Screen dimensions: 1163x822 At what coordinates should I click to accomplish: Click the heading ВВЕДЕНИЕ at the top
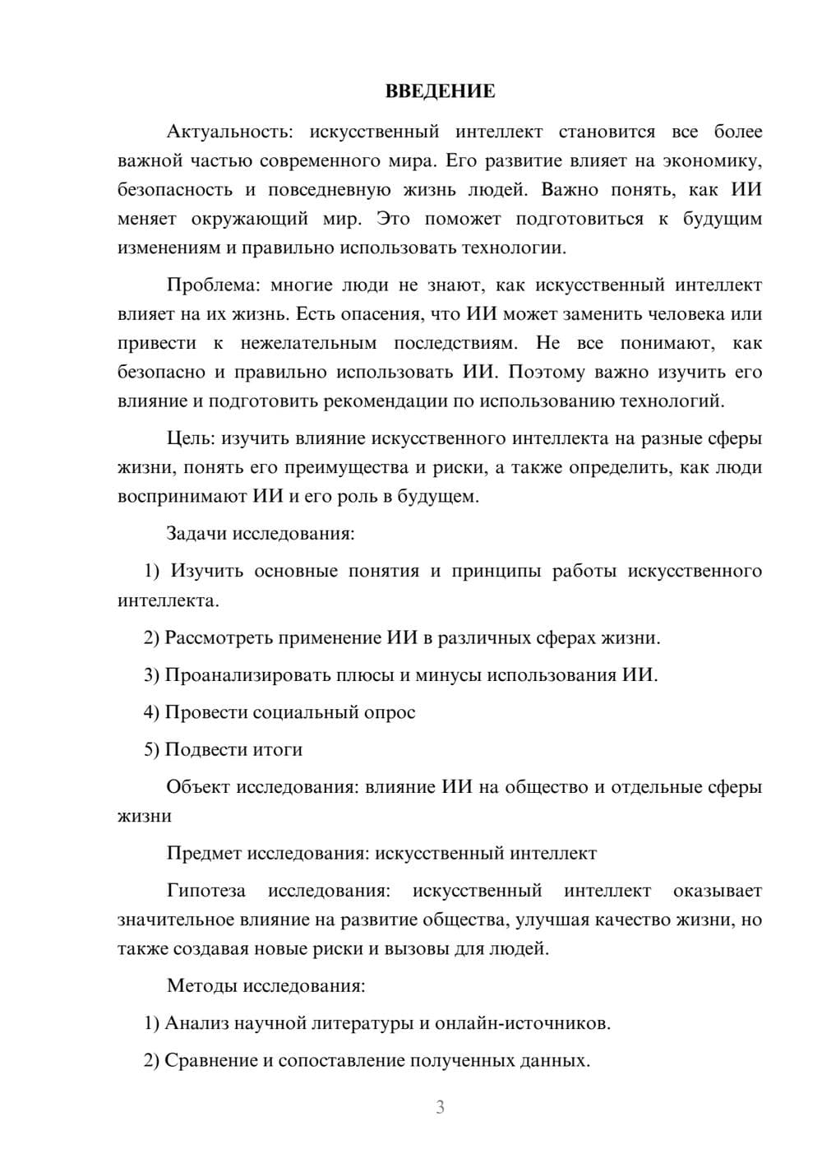[440, 91]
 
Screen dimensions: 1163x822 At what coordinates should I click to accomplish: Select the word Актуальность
[224, 132]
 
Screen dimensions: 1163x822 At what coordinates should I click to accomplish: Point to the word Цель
[191, 438]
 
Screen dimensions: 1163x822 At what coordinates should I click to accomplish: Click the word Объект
[198, 787]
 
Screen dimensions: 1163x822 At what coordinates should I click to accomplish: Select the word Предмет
[204, 853]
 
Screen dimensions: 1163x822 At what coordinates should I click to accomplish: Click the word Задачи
[196, 533]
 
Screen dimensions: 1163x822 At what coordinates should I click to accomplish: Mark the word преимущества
[346, 468]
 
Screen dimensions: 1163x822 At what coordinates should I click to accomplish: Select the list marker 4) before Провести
[151, 712]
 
